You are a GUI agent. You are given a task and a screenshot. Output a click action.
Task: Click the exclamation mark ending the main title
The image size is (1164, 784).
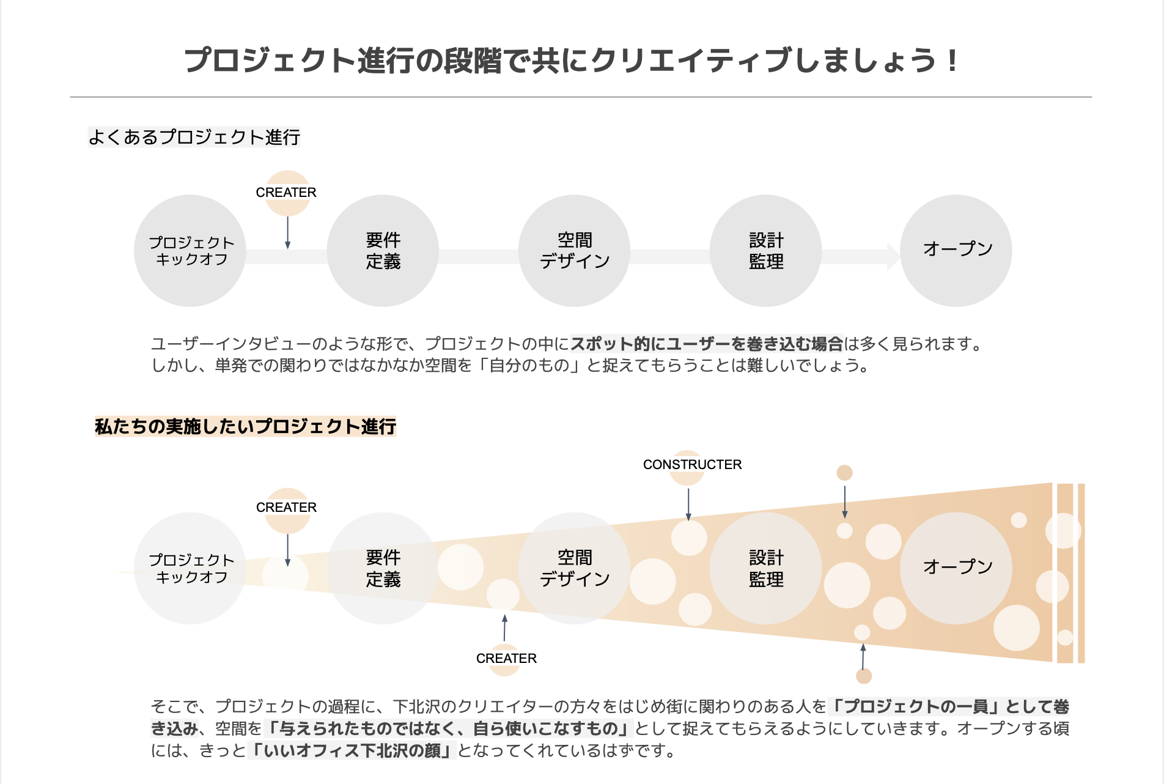pyautogui.click(x=951, y=61)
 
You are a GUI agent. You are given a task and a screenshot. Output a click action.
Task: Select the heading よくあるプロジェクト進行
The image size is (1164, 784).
pyautogui.click(x=194, y=137)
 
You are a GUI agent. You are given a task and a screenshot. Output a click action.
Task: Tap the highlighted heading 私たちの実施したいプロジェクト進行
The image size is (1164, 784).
pyautogui.click(x=246, y=426)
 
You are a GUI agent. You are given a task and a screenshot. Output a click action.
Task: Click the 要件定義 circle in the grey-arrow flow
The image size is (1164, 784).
pyautogui.click(x=383, y=251)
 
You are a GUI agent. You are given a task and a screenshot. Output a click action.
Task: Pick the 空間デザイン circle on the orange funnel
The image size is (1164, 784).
pyautogui.click(x=574, y=568)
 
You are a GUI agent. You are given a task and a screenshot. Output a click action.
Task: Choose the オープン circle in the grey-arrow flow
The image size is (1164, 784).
pyautogui.click(x=956, y=251)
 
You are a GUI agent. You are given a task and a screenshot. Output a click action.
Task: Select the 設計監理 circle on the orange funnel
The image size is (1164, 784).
pyautogui.click(x=765, y=568)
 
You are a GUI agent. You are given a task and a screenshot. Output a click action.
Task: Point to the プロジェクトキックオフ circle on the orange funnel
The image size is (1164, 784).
pyautogui.click(x=190, y=568)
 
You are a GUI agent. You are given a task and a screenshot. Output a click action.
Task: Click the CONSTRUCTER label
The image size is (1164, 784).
pyautogui.click(x=692, y=465)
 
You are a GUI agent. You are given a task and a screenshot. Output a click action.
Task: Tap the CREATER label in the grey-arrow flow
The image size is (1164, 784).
pyautogui.click(x=286, y=193)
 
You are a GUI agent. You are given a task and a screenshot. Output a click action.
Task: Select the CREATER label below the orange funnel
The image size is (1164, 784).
pyautogui.click(x=506, y=659)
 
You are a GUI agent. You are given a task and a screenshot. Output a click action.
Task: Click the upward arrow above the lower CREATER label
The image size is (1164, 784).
pyautogui.click(x=504, y=628)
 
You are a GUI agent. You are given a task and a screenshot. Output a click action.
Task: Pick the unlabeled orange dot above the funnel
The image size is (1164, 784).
pyautogui.click(x=844, y=473)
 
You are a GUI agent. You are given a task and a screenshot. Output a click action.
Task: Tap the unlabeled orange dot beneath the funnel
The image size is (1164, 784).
pyautogui.click(x=864, y=676)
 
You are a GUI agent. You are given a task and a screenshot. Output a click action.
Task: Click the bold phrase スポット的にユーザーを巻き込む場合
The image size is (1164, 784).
pyautogui.click(x=707, y=344)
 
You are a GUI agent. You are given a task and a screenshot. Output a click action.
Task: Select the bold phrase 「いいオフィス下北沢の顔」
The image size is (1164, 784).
pyautogui.click(x=352, y=750)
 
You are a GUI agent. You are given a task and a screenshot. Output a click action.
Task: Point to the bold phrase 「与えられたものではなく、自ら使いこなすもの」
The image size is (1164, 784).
pyautogui.click(x=448, y=728)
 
